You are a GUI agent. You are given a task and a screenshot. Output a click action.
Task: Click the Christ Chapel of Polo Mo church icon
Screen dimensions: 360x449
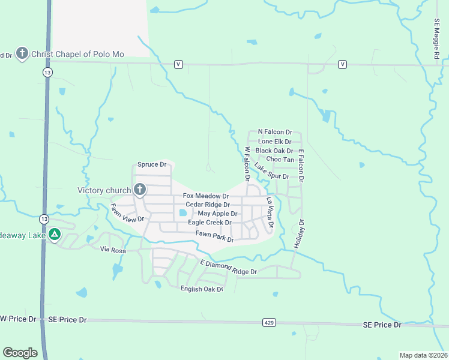tap(22, 54)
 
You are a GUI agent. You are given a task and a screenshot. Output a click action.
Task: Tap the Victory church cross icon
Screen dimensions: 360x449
tap(139, 190)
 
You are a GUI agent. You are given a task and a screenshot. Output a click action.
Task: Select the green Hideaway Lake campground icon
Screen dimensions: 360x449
tap(55, 235)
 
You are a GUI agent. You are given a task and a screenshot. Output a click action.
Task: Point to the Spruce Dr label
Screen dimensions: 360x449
tap(151, 164)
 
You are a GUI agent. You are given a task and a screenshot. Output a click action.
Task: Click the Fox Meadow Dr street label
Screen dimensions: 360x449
tap(206, 196)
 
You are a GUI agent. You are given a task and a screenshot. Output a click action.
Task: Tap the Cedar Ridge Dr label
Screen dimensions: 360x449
tap(208, 205)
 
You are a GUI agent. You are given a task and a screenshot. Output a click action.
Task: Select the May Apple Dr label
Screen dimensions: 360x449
tap(217, 214)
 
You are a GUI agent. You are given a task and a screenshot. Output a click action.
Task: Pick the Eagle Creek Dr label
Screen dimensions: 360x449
tap(209, 222)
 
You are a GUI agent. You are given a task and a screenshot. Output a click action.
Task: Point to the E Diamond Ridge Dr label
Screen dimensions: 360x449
tap(229, 268)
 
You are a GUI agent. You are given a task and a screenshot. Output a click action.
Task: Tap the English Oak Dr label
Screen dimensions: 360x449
tap(202, 289)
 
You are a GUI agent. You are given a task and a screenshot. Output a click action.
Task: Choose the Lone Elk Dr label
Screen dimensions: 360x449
tap(274, 142)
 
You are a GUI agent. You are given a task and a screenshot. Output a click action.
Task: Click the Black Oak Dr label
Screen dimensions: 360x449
tap(274, 151)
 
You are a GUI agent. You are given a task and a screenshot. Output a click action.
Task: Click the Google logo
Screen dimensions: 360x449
tap(20, 353)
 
